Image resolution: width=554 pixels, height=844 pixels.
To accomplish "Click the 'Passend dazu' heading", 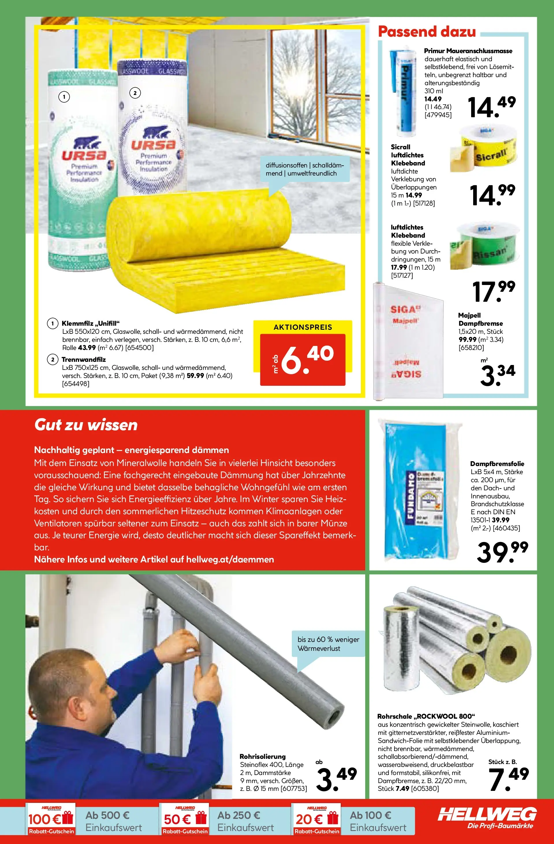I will [427, 31].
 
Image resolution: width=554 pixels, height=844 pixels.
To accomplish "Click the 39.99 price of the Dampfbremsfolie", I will [502, 552].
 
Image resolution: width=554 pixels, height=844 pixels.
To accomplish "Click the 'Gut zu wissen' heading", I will [86, 425].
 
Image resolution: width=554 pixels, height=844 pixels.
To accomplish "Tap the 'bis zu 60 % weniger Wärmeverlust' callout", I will [328, 644].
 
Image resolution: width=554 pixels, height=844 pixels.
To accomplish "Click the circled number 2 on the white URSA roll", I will [135, 93].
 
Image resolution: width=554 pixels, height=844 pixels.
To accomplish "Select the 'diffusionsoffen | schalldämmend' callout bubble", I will [305, 169].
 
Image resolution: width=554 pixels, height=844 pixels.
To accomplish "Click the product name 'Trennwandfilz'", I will [84, 359].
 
